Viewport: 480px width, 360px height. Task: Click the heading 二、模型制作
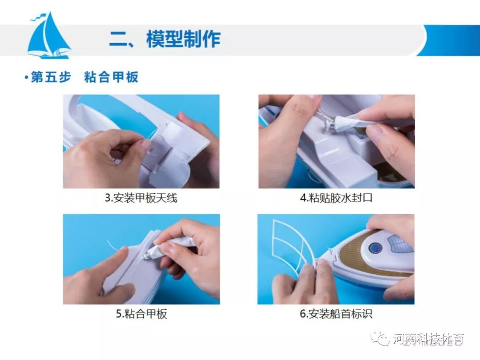point(165,39)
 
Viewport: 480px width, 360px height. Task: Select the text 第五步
point(51,77)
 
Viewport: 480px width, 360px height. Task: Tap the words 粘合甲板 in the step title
point(111,77)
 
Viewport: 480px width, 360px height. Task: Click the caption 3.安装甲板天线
point(141,198)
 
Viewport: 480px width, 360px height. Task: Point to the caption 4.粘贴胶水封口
point(336,198)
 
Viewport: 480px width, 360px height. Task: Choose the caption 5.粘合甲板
point(141,313)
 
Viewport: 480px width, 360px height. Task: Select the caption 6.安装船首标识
point(336,313)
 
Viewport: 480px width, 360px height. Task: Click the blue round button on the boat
point(375,248)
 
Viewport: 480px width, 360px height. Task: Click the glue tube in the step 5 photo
point(172,246)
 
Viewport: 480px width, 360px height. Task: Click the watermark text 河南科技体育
point(428,339)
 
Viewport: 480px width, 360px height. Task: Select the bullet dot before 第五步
point(26,77)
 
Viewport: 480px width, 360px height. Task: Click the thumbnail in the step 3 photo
point(145,143)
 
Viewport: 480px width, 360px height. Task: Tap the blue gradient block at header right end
point(450,40)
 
